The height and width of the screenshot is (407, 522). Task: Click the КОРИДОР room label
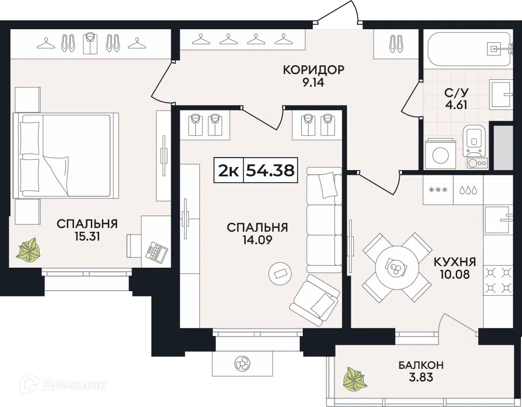pos(313,70)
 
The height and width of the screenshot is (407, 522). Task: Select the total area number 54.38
pos(270,171)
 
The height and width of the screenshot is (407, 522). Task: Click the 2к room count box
pos(229,171)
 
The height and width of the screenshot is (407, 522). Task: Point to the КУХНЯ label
pos(455,262)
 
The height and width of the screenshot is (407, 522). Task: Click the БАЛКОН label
pos(421,365)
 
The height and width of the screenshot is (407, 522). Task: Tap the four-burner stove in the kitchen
pos(498,280)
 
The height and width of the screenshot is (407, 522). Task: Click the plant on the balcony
pos(355,379)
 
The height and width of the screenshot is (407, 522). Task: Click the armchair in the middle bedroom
pos(315,301)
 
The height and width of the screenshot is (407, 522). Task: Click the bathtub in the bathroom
pos(468,49)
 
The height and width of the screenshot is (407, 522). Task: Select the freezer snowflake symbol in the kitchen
pos(438,190)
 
